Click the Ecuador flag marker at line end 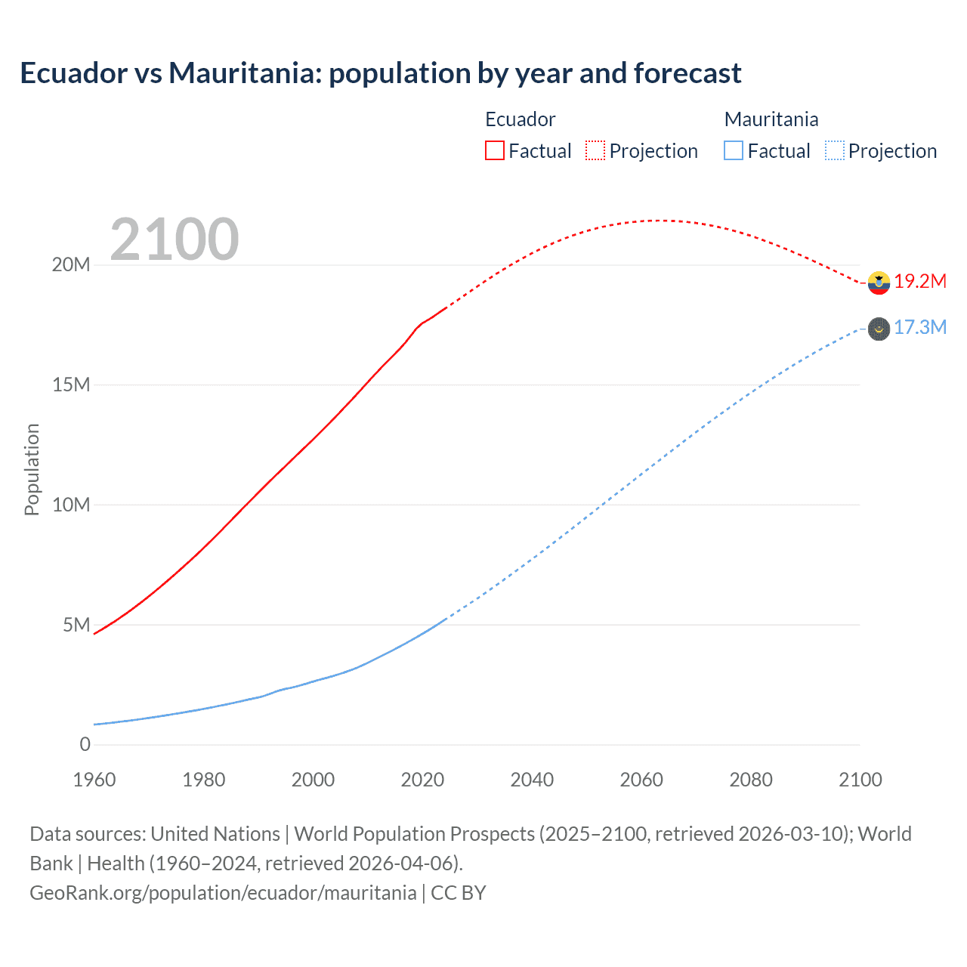pos(879,283)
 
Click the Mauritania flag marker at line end pos(879,329)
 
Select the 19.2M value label pos(920,282)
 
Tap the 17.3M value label pos(920,328)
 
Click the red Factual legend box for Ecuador pos(494,150)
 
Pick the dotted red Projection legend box pos(595,150)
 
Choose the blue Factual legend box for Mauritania pos(733,150)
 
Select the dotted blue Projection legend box pos(834,150)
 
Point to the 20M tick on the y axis pos(71,265)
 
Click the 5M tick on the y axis pos(76,625)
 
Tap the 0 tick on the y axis pos(85,745)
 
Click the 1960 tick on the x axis pos(94,780)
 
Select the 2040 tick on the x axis pos(532,780)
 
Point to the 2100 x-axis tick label pos(860,780)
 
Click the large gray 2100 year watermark pos(175,239)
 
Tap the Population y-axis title pos(32,469)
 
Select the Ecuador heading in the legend pos(520,119)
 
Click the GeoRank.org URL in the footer pos(223,893)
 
